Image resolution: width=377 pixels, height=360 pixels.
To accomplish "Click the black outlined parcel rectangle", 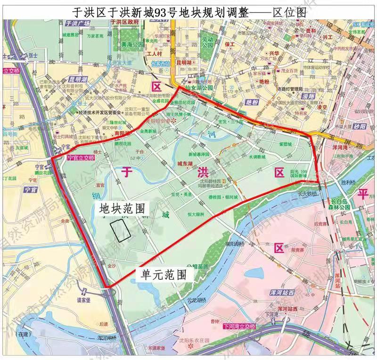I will tap(121, 230).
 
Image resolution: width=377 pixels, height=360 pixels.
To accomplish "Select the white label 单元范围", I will tap(162, 274).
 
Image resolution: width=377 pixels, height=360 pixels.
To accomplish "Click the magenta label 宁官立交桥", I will tap(78, 159).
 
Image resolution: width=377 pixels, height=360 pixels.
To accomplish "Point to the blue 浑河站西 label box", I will tap(287, 309).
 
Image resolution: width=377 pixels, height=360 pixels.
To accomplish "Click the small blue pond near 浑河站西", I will tap(256, 273).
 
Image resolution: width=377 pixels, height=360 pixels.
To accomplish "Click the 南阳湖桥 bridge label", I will tap(235, 244).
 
